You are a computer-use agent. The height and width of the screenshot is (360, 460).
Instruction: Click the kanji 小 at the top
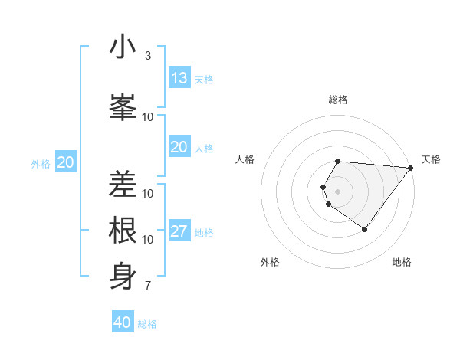[x=123, y=47]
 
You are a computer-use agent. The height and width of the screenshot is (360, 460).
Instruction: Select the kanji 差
[x=123, y=185]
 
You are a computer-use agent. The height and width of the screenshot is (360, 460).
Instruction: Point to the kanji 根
[x=123, y=231]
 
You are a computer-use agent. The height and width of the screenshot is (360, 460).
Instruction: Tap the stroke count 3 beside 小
[x=147, y=56]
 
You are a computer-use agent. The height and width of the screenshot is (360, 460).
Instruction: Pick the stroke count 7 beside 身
[x=147, y=286]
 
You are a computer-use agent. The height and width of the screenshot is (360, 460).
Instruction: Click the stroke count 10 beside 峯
[x=148, y=116]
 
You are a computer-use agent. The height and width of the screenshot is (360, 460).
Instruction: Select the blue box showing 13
[x=179, y=78]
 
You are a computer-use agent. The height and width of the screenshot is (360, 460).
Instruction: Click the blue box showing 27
[x=179, y=232]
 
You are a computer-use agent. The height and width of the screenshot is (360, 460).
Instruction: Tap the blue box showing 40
[x=123, y=322]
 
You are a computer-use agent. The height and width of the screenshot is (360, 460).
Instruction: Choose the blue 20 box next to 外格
[x=66, y=162]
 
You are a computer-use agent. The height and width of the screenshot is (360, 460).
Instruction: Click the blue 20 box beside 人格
[x=179, y=147]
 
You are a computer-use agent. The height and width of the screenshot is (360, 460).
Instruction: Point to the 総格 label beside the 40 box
[x=147, y=324]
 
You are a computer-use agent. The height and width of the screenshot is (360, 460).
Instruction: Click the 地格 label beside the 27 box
[x=205, y=233]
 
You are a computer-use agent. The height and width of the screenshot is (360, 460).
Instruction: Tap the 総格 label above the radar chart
[x=338, y=100]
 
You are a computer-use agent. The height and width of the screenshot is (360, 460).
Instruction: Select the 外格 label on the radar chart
[x=270, y=262]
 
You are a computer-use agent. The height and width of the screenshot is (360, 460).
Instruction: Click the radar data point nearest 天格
[x=410, y=168]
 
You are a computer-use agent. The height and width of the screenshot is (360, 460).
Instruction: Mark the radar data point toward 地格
[x=364, y=229]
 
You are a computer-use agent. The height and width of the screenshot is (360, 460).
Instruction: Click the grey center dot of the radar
[x=338, y=191]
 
